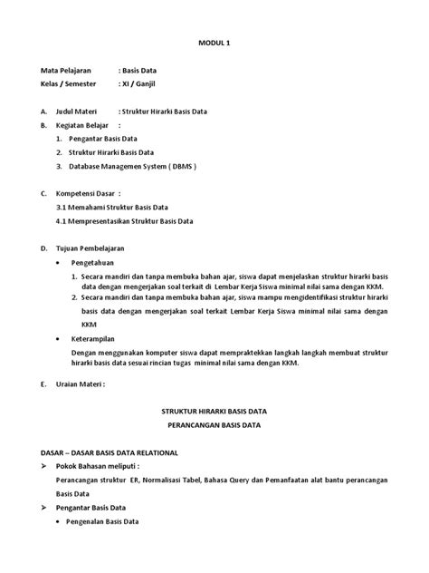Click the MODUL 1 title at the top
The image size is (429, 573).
point(214,42)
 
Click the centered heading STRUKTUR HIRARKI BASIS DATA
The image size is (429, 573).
point(214,411)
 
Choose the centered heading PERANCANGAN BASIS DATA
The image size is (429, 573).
point(214,424)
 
